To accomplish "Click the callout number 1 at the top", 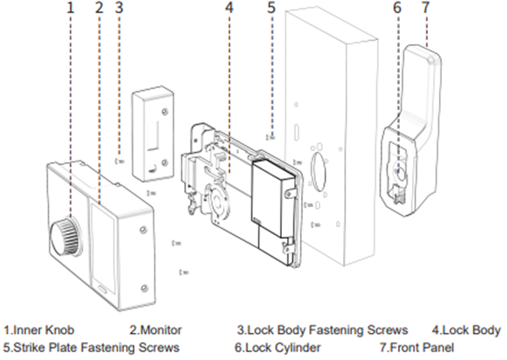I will coord(71,9).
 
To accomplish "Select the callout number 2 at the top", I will coord(99,9).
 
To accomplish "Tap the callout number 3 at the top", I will coord(119,9).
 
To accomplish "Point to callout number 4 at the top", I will coord(229,9).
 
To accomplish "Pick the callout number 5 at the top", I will coord(271,8).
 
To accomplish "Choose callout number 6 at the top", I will coord(397,9).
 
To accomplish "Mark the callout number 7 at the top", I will coord(426,9).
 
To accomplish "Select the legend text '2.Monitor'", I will coord(156,330).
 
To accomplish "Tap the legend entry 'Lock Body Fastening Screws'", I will coord(322,330).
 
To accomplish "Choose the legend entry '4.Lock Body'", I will coord(467,330).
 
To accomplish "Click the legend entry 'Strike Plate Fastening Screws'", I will coord(91,347).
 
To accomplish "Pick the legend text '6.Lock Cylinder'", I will coord(277,347).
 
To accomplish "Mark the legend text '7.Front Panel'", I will coord(417,347).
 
